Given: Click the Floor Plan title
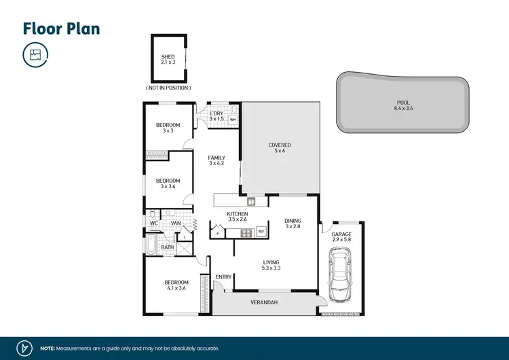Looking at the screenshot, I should coord(61,28).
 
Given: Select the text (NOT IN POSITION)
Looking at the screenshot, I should coord(168,88).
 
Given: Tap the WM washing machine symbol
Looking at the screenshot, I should coord(233,120).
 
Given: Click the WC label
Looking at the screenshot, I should coord(153,223).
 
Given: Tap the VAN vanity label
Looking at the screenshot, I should coord(175,223).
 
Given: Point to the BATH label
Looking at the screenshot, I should coord(167,247).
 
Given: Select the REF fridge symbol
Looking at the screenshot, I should coord(261,232).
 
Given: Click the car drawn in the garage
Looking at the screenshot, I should coord(339,274).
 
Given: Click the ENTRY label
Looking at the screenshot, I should coord(223,276).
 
